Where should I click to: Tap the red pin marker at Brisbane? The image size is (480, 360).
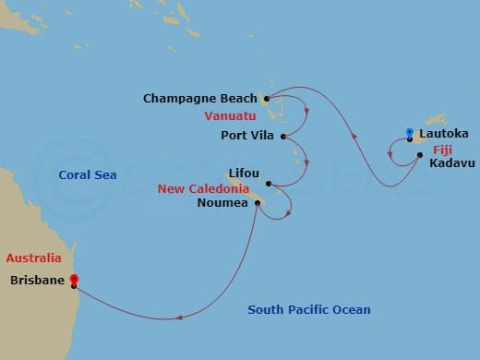click(x=73, y=280)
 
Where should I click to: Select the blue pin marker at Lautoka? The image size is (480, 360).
click(x=409, y=134)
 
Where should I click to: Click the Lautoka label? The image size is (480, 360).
click(x=442, y=134)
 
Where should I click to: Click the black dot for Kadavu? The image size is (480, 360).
click(x=419, y=155)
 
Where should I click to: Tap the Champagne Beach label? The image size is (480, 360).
click(x=202, y=98)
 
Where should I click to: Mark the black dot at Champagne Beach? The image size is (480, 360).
click(x=266, y=98)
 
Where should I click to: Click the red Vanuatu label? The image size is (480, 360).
click(x=234, y=117)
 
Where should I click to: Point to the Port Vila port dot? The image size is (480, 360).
click(x=283, y=138)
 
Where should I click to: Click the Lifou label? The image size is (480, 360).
click(x=245, y=173)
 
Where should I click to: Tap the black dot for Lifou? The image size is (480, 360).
click(x=270, y=183)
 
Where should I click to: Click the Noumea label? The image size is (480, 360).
click(x=222, y=203)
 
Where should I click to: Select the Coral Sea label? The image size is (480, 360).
click(x=88, y=174)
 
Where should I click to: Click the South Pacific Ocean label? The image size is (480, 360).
click(x=308, y=309)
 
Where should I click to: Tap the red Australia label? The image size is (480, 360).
click(x=33, y=258)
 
